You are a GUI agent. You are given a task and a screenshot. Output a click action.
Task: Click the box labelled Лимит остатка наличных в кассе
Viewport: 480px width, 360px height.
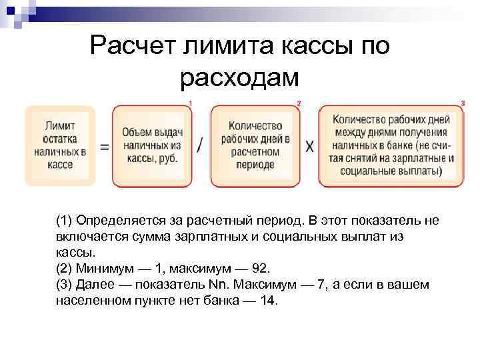point(60,145)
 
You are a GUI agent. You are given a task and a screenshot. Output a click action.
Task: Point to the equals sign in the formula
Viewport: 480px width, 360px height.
point(104,147)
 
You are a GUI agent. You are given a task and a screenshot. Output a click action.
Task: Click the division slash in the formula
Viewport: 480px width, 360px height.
point(201,147)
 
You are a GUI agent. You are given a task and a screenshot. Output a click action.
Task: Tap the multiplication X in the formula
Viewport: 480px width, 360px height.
point(309,147)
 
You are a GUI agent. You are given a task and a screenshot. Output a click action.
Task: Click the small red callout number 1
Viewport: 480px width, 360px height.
point(191,103)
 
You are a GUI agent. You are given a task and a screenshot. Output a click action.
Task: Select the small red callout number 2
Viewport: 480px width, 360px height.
point(299,103)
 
